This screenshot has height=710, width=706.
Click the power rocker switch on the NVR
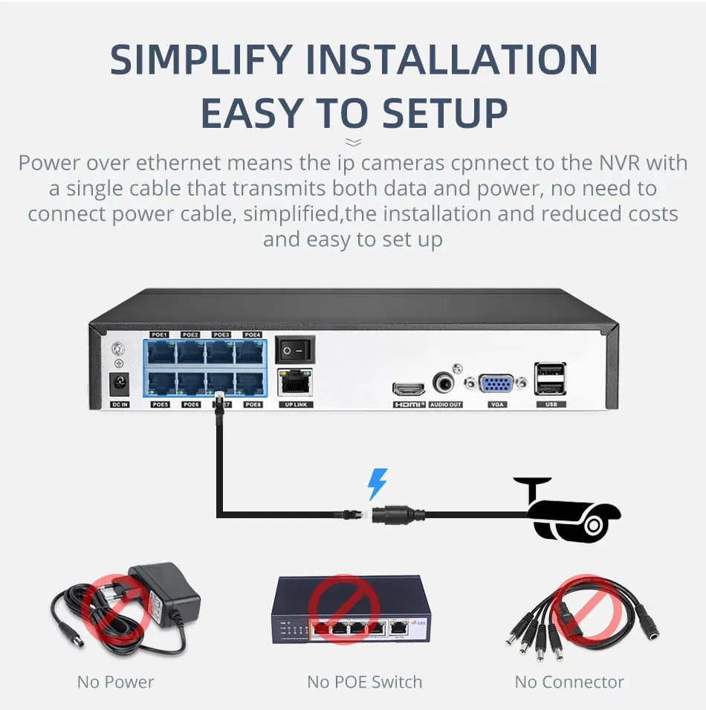pyautogui.click(x=295, y=349)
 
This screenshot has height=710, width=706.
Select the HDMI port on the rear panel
pyautogui.click(x=408, y=389)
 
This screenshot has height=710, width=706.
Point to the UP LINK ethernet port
pyautogui.click(x=295, y=382)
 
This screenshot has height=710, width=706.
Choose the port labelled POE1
pyautogui.click(x=160, y=352)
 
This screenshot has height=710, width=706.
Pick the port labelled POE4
pyautogui.click(x=252, y=352)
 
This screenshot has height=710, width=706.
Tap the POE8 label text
pyautogui.click(x=253, y=404)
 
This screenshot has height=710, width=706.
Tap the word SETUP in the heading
pyautogui.click(x=445, y=113)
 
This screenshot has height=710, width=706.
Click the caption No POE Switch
pyautogui.click(x=364, y=682)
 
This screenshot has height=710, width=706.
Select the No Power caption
pyautogui.click(x=115, y=682)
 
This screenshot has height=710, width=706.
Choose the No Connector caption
pyautogui.click(x=569, y=682)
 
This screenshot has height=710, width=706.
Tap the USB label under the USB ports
pyautogui.click(x=551, y=404)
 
